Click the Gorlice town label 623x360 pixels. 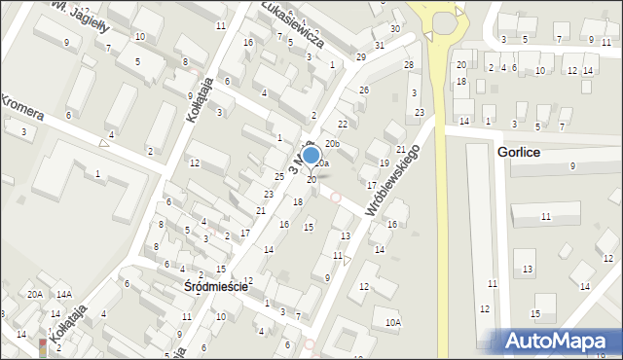point(518,154)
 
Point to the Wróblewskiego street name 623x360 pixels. point(392,181)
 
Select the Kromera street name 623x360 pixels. point(22,108)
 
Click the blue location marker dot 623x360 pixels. point(311,155)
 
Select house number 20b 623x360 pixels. point(332,144)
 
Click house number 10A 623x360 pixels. point(392,322)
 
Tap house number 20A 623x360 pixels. point(35,295)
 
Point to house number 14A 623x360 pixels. point(64,295)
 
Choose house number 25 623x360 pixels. point(279,176)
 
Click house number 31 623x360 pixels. point(380,46)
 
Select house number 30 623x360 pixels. point(394,28)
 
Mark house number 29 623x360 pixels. point(360,57)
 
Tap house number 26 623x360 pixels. point(364,90)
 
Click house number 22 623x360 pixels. point(343,125)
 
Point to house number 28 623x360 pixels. point(409,65)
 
